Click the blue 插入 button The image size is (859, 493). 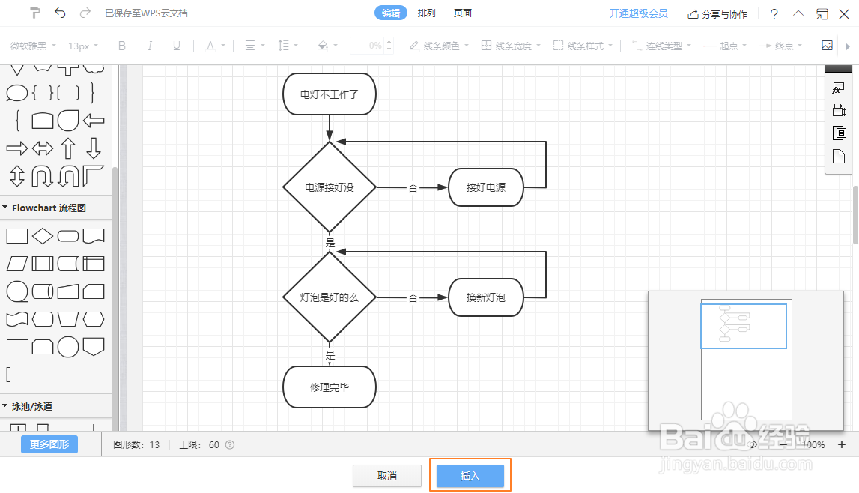click(470, 476)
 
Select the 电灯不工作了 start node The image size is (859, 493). click(330, 94)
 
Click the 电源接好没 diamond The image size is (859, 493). click(330, 187)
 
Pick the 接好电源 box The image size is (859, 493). click(486, 187)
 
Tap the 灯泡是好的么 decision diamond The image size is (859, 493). click(330, 297)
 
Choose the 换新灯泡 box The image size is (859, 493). click(486, 297)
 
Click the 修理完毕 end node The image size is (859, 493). click(330, 387)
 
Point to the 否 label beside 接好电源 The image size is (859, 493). click(413, 188)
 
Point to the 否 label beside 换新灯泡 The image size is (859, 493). click(413, 298)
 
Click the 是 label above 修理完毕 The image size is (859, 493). click(330, 356)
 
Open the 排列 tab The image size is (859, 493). click(427, 13)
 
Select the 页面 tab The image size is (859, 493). click(463, 13)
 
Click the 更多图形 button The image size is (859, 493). click(49, 444)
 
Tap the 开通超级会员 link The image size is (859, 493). click(638, 13)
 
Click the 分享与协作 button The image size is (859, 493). click(717, 14)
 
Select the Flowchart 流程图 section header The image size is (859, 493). click(49, 208)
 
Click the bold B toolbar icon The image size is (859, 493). click(122, 46)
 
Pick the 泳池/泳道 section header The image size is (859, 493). click(32, 406)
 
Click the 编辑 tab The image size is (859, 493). click(391, 13)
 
